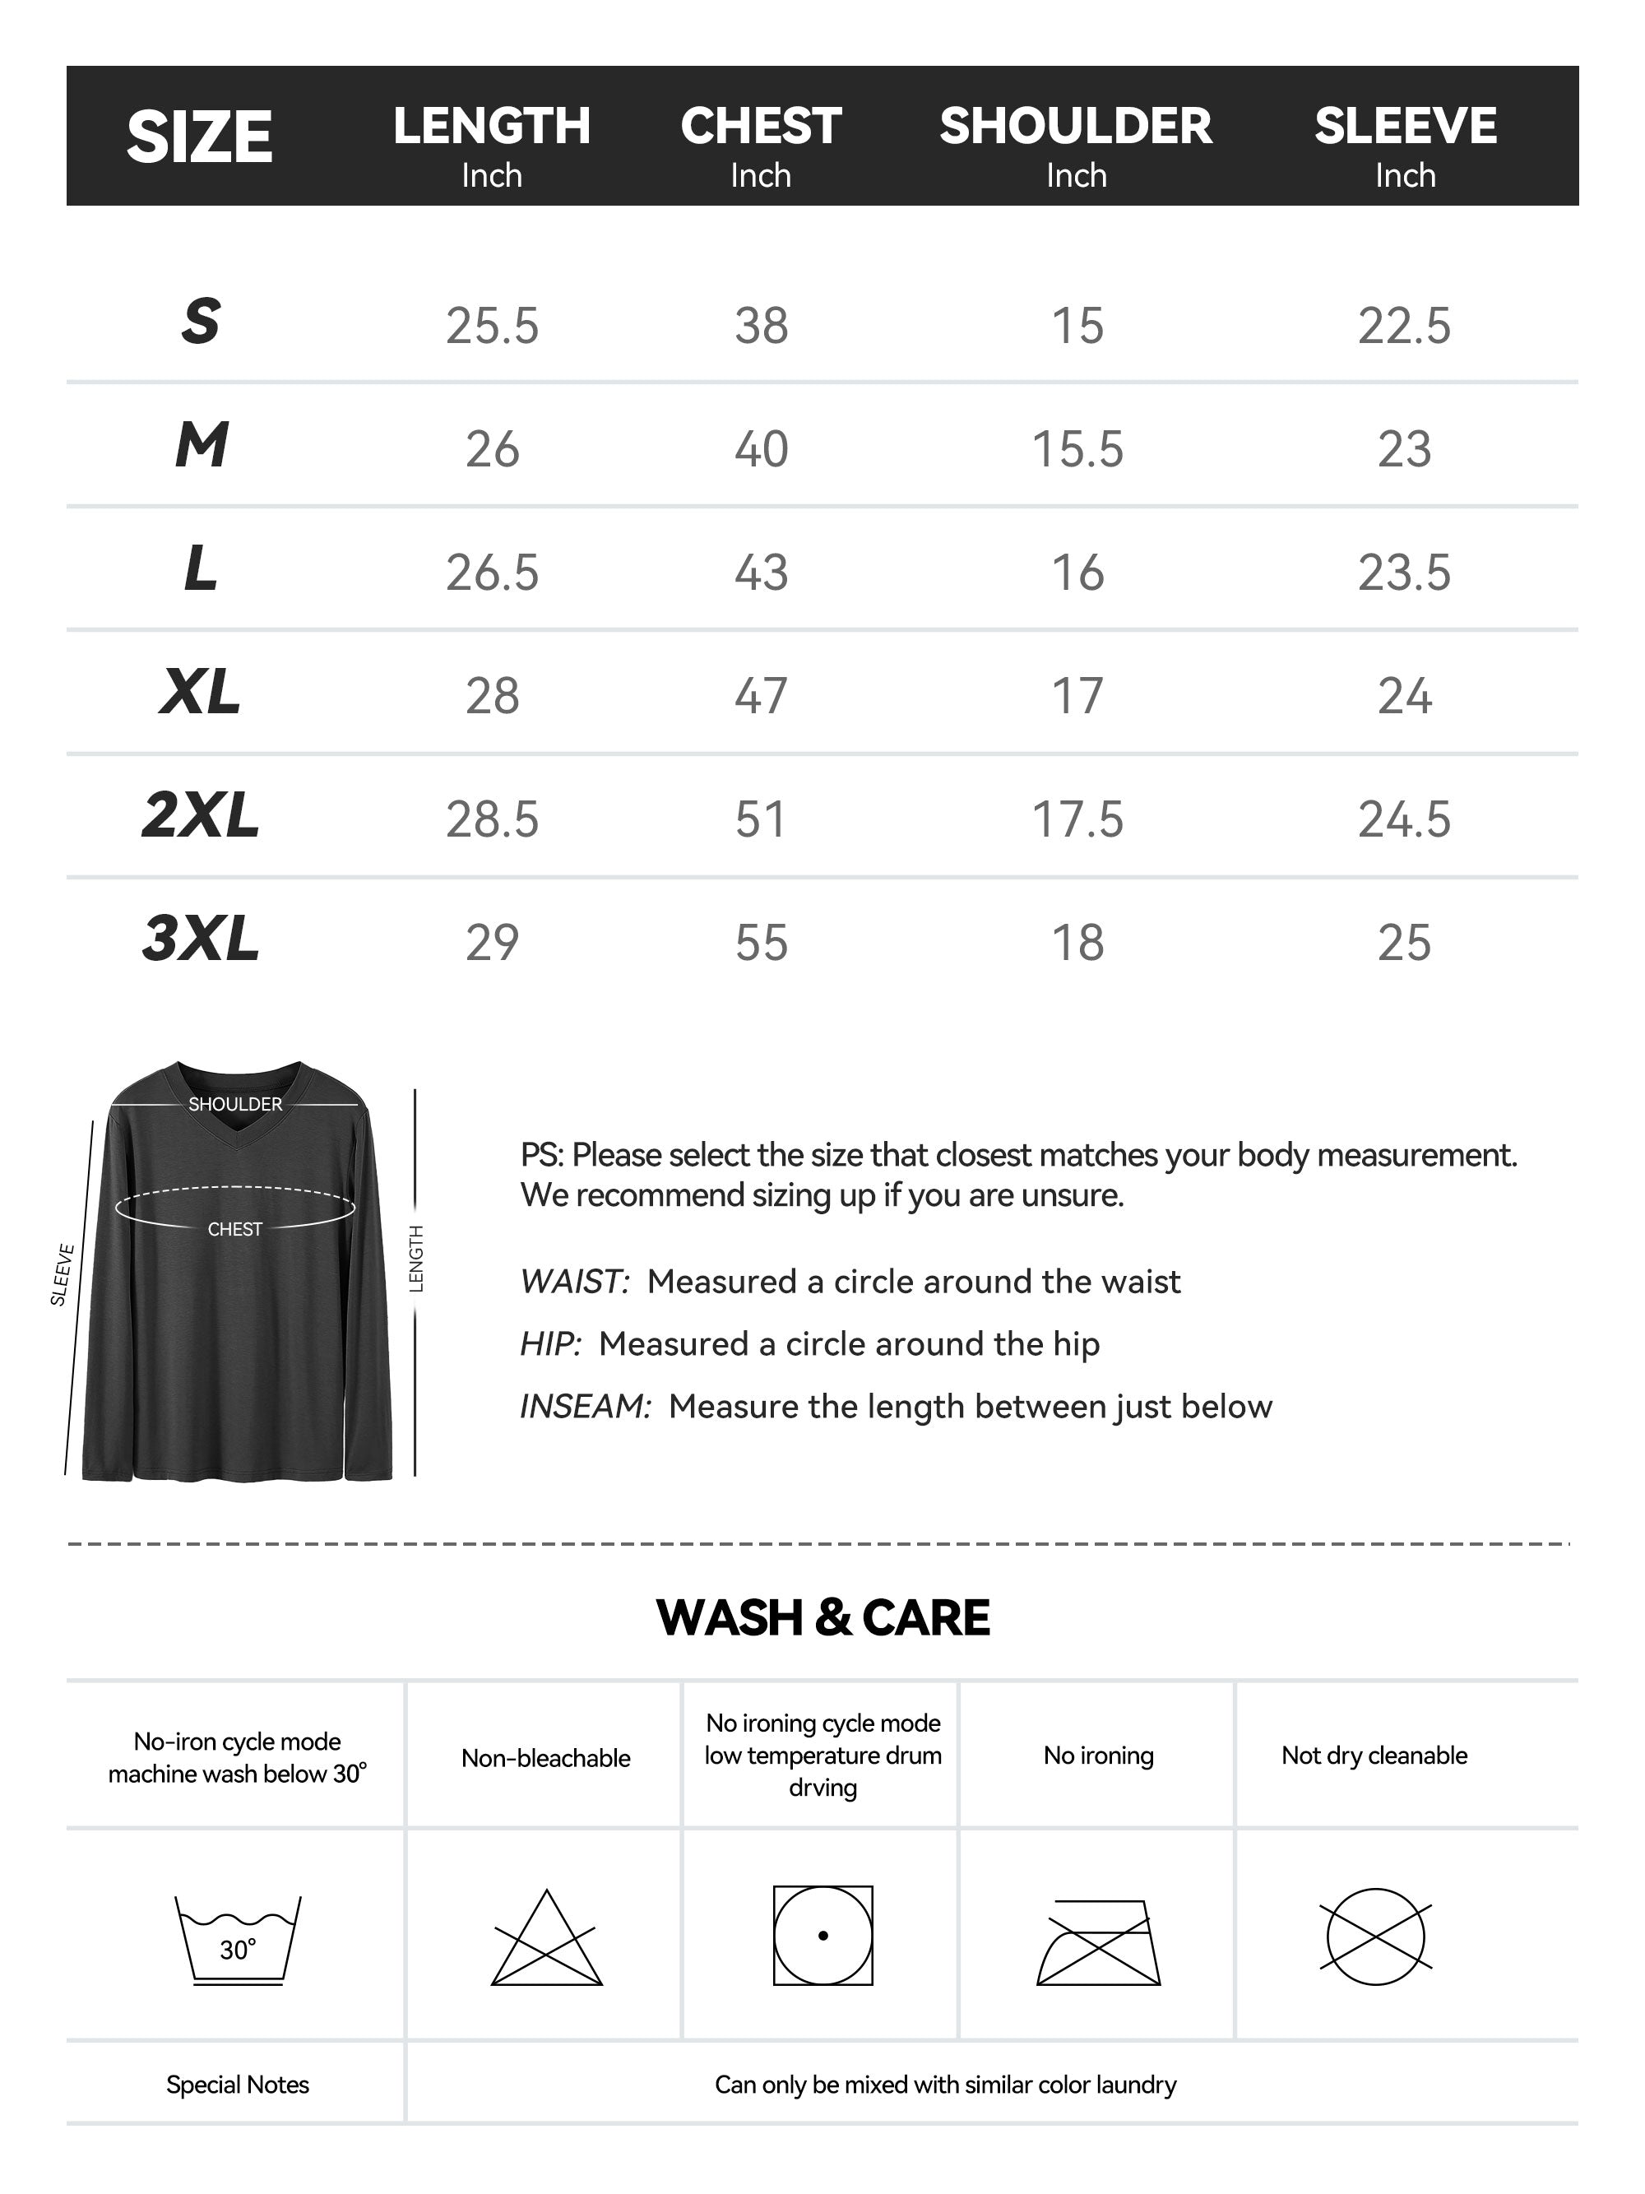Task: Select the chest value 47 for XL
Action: tap(761, 695)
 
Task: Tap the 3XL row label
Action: tap(201, 939)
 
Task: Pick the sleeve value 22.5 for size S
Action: tap(1404, 325)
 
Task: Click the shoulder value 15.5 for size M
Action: tap(1077, 449)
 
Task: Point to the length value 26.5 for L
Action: tap(492, 573)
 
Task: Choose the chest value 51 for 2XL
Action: tap(761, 819)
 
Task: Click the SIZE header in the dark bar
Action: tap(199, 137)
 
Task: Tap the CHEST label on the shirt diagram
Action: tap(235, 1229)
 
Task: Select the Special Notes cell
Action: tap(237, 2084)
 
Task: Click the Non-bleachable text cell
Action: tap(545, 1757)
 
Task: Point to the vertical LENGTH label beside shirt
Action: tap(416, 1259)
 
